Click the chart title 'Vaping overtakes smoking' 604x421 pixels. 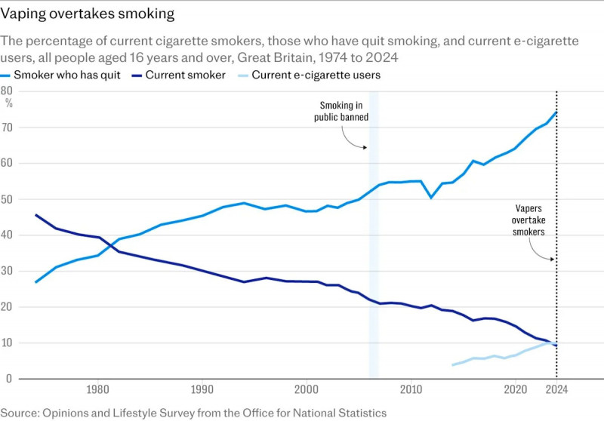pyautogui.click(x=88, y=14)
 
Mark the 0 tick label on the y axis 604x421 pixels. pyautogui.click(x=9, y=378)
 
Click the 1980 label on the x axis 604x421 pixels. pyautogui.click(x=97, y=390)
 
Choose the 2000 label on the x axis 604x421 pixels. pyautogui.click(x=306, y=390)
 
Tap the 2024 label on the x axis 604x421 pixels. pyautogui.click(x=556, y=390)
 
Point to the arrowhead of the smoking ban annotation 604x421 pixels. pyautogui.click(x=367, y=147)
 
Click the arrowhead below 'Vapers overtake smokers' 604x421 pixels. pyautogui.click(x=553, y=260)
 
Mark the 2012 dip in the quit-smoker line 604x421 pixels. pyautogui.click(x=431, y=198)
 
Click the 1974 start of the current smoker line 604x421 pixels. pyautogui.click(x=35, y=215)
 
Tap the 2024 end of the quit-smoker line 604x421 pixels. pyautogui.click(x=556, y=112)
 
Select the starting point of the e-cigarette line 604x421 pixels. pyautogui.click(x=452, y=364)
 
